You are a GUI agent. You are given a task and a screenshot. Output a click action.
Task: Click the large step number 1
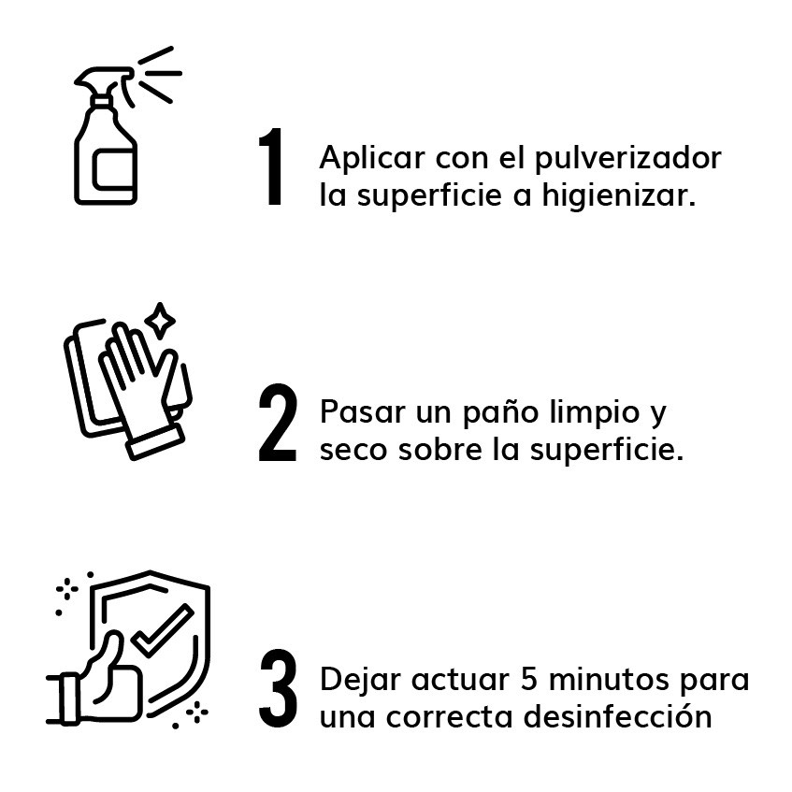point(272,168)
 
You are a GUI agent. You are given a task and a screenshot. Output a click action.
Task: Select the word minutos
point(612,679)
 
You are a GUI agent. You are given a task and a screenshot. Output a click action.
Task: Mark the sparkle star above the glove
point(160,321)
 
